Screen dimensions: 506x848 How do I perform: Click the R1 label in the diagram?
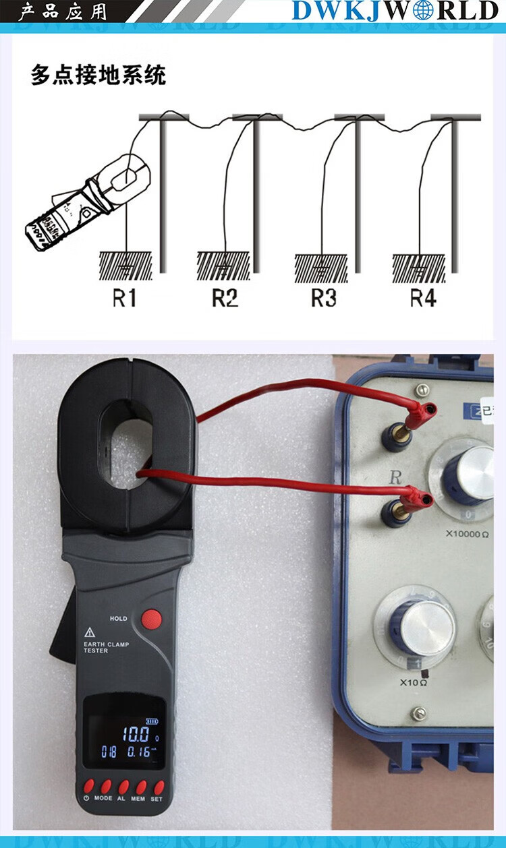[x=124, y=297]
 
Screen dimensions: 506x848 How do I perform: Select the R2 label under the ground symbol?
[x=225, y=297]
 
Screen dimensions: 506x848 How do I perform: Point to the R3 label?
[x=323, y=297]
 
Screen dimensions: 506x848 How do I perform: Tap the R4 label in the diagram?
[x=423, y=297]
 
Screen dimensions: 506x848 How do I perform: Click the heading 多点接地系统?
[x=98, y=75]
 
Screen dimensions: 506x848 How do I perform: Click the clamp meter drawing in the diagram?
[x=85, y=203]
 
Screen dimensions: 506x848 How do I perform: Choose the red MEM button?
[x=141, y=787]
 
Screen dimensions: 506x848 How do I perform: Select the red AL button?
[x=123, y=787]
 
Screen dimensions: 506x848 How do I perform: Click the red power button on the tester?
[x=88, y=787]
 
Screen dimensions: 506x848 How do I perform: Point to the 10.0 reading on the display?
[x=135, y=734]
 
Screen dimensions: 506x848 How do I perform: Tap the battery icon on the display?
[x=156, y=719]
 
